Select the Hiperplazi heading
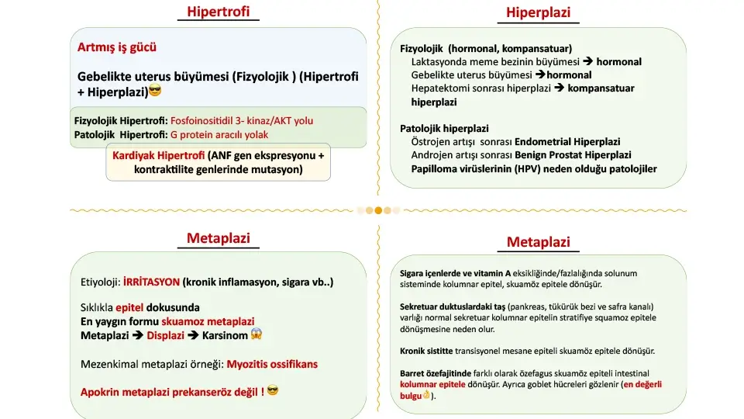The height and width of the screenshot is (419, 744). [x=538, y=12]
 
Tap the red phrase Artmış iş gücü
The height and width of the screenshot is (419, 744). [x=117, y=47]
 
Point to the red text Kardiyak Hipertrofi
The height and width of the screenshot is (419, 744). [x=159, y=155]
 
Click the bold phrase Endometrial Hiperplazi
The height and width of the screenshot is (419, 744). [x=574, y=141]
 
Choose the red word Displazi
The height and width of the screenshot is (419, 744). [x=164, y=335]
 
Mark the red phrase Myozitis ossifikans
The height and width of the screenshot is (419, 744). [x=272, y=364]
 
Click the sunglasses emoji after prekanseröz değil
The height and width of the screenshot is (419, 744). [x=272, y=391]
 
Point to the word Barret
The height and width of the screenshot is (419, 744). [x=413, y=373]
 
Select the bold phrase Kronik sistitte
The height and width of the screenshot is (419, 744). [x=426, y=351]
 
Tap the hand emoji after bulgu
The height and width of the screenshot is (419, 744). [x=425, y=396]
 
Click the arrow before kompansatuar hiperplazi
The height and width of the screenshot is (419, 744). [x=559, y=88]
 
